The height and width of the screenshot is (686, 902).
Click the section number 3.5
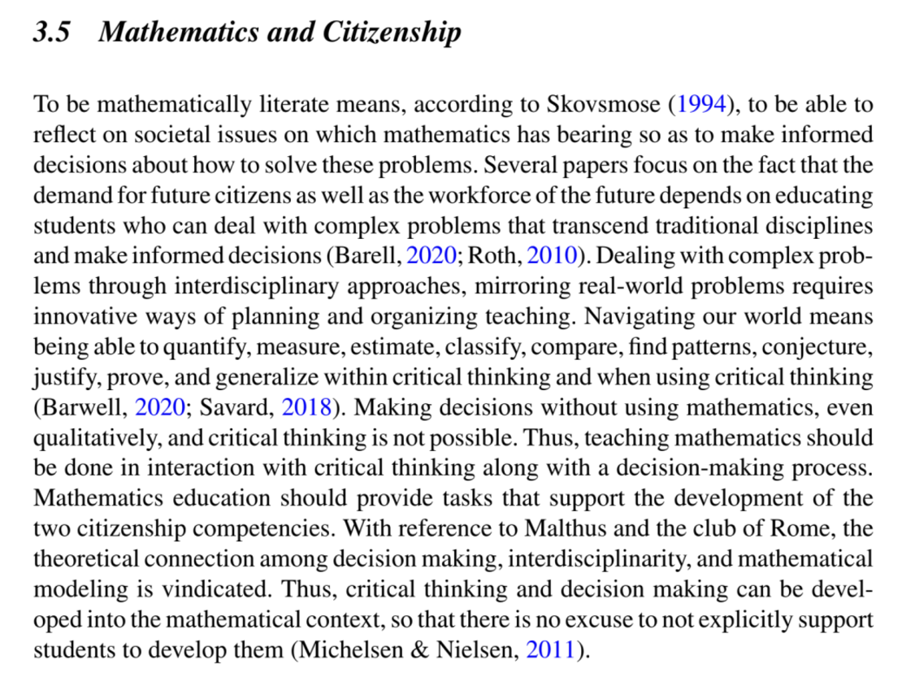[54, 33]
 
